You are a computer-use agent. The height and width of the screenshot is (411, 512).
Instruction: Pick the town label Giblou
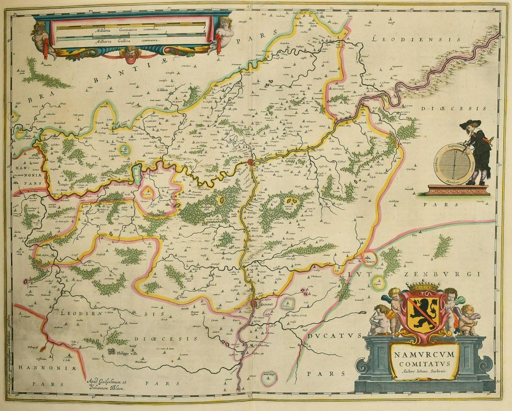162,90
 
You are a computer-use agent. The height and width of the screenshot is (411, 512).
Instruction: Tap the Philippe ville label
128,353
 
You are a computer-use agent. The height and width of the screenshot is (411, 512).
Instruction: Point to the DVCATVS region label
334,335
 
